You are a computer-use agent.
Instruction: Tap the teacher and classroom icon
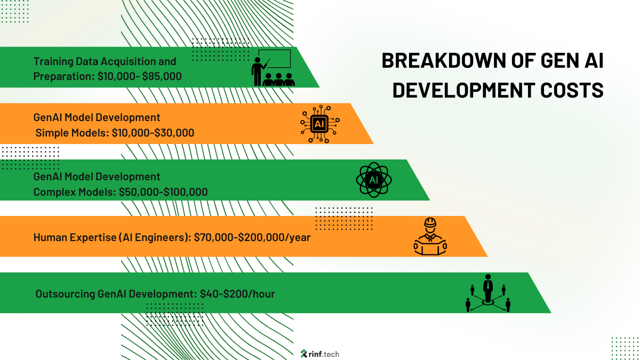(273, 68)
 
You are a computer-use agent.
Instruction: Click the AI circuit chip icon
(319, 124)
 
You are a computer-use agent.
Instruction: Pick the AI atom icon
(373, 180)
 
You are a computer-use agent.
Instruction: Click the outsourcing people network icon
(487, 293)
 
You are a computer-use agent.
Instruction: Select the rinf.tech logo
(320, 354)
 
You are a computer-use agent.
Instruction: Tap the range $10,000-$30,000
(153, 133)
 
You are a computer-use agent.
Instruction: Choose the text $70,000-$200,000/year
(252, 237)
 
